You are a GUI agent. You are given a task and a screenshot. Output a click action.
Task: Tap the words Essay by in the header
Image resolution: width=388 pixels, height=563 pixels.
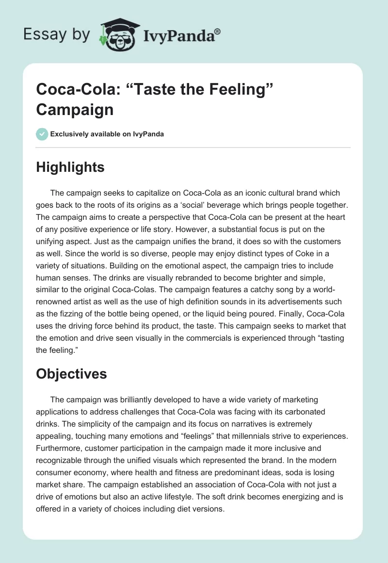click(x=57, y=34)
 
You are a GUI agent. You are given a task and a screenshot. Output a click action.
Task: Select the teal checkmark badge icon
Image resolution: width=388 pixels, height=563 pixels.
click(x=42, y=134)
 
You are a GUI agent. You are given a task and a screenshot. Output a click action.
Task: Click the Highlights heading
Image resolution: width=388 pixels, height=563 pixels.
click(x=70, y=167)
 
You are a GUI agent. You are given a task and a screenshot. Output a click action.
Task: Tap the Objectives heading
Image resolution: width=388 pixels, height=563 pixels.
click(x=71, y=374)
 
